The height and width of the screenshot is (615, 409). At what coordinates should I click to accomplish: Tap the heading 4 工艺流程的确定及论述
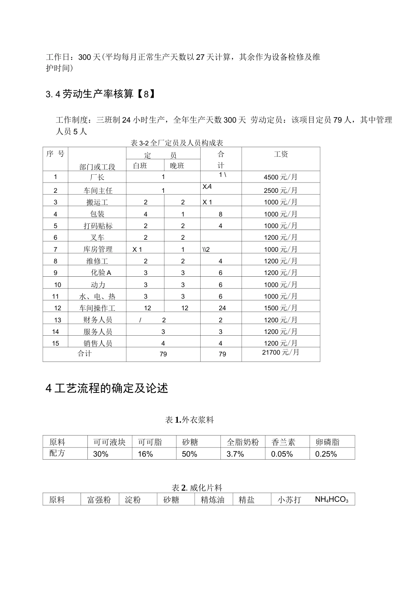pos(107,388)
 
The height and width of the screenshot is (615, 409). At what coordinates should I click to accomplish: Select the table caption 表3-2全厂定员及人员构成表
pos(177,143)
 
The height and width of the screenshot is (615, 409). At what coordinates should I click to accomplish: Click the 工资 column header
pos(281,154)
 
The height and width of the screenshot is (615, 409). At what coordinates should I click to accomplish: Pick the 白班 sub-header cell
pos(140,166)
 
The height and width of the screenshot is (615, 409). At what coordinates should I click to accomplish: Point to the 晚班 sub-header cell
pos(177,166)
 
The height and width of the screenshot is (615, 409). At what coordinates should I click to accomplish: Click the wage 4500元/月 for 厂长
pos(281,177)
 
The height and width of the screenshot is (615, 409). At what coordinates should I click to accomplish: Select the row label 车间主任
pos(98,190)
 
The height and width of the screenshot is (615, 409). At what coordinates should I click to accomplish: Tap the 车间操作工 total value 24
pos(222,308)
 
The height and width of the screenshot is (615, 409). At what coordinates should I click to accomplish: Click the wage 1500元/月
pos(281,308)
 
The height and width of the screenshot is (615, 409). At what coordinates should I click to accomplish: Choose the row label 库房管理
pos(98,249)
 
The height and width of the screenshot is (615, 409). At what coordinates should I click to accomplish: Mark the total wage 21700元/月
pos(281,352)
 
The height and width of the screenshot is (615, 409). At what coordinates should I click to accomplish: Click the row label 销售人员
pos(98,343)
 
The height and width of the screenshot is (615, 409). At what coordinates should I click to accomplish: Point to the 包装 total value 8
pos(220,214)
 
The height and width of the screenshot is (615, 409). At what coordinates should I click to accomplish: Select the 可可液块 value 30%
pos(101,454)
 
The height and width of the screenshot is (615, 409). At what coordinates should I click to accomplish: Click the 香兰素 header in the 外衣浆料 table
pos(283,442)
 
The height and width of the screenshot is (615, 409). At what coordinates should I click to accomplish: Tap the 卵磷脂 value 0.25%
pos(326,454)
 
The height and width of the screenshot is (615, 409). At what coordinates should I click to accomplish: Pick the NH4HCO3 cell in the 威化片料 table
pos(332,500)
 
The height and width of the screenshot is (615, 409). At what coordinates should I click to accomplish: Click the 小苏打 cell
pos(289,500)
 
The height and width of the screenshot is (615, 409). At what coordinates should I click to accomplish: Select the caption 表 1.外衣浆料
pos(189,420)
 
